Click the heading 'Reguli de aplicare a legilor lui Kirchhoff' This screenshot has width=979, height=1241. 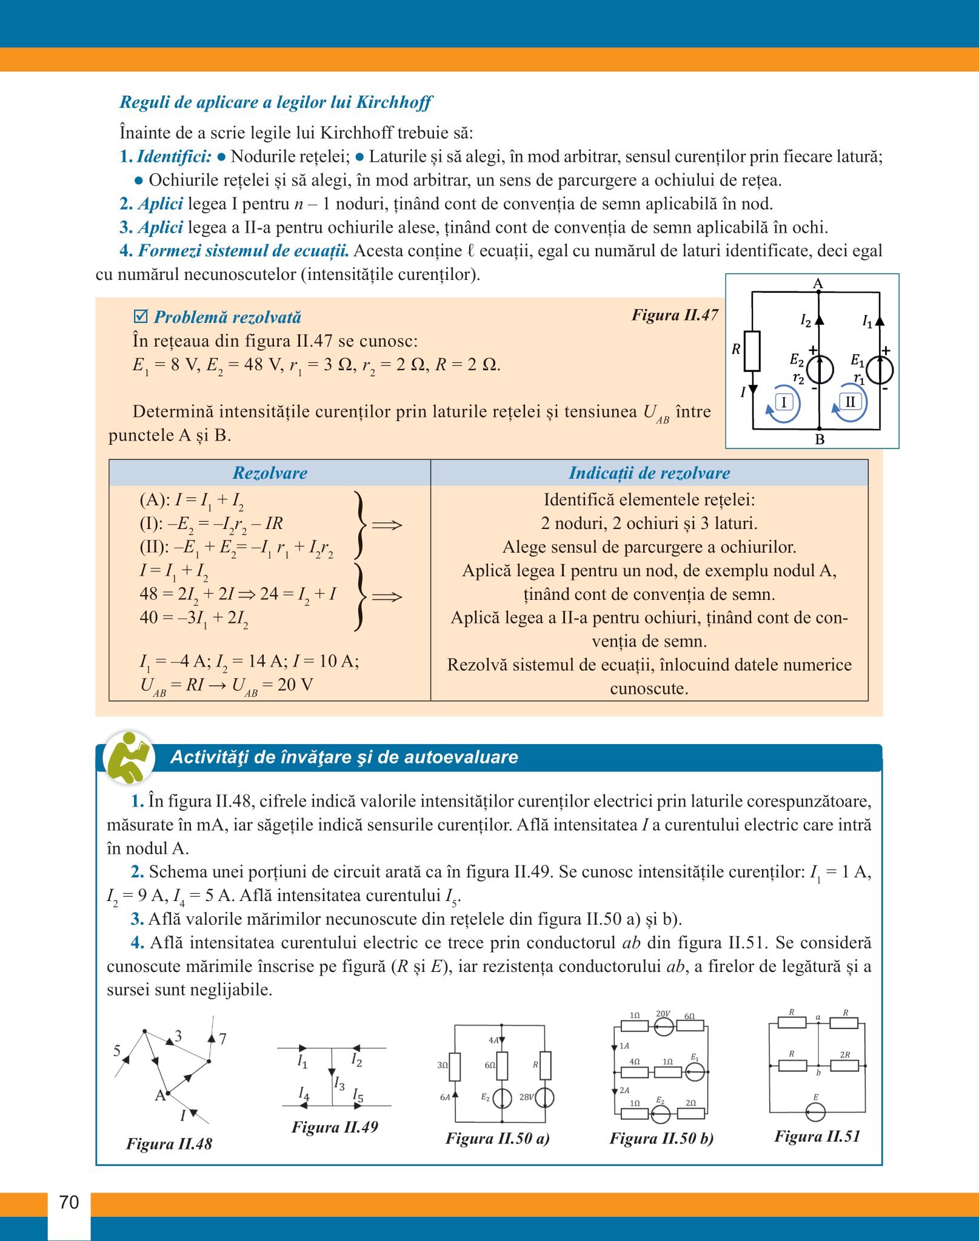(276, 102)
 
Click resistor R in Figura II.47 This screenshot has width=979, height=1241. (752, 351)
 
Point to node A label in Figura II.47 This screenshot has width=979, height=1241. (818, 284)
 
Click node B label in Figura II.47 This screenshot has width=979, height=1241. (820, 439)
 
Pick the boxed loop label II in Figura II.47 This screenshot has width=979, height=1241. (850, 401)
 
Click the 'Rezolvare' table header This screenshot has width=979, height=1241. (270, 473)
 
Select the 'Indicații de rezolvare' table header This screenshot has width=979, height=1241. (649, 473)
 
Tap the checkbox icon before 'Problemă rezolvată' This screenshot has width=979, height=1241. (141, 316)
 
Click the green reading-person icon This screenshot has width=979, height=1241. (129, 757)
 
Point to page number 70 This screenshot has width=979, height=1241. (69, 1202)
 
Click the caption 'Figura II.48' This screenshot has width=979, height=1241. (169, 1143)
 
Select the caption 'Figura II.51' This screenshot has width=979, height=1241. (817, 1136)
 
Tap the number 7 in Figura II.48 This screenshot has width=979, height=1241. (223, 1039)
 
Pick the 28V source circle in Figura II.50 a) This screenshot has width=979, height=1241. (545, 1097)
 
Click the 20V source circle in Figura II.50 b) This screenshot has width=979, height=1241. (663, 1026)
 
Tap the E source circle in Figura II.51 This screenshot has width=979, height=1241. (815, 1113)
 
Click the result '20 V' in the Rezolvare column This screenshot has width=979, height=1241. (295, 685)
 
